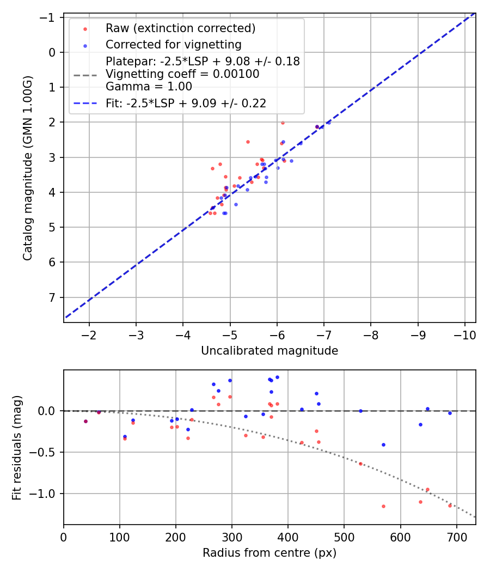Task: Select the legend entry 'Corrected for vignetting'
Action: pyautogui.click(x=173, y=44)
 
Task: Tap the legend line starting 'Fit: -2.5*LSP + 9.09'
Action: pyautogui.click(x=186, y=104)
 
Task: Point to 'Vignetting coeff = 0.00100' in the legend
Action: pyautogui.click(x=182, y=74)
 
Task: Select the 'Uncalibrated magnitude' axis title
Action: pyautogui.click(x=269, y=351)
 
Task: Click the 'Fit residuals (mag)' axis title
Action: pyautogui.click(x=17, y=447)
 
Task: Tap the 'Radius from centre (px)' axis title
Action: pyautogui.click(x=269, y=553)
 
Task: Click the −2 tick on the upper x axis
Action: pyautogui.click(x=89, y=333)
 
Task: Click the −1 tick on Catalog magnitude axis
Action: pyautogui.click(x=49, y=17)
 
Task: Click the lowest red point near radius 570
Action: pyautogui.click(x=383, y=506)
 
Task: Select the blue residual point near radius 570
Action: pyautogui.click(x=383, y=445)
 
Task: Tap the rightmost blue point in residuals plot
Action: pyautogui.click(x=450, y=413)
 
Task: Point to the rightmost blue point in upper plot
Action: pyautogui.click(x=328, y=123)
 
